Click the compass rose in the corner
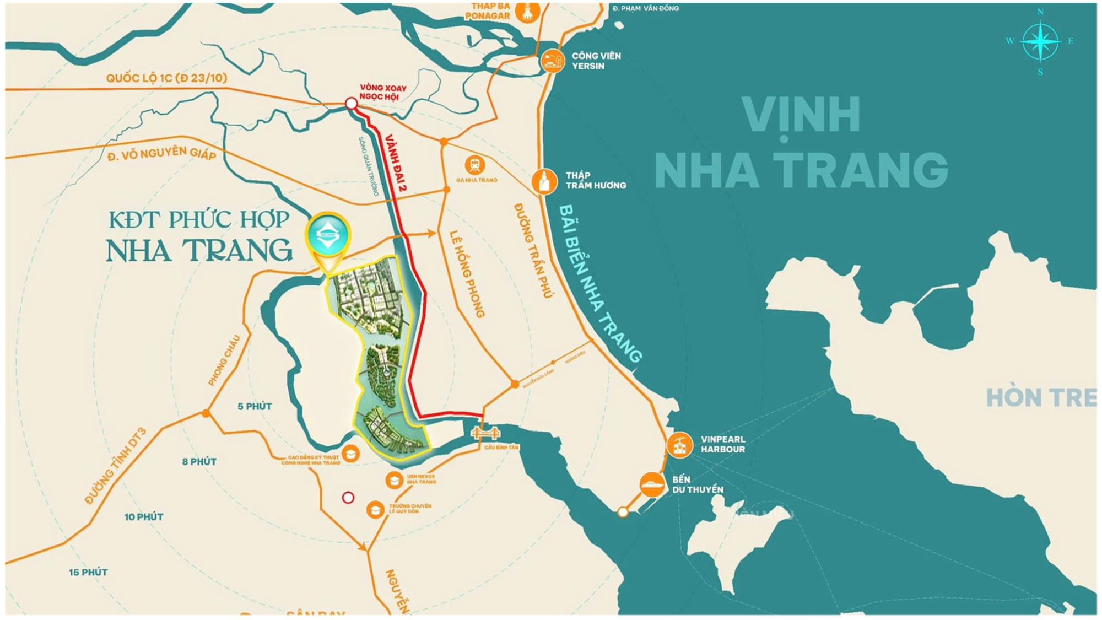(x=1040, y=41)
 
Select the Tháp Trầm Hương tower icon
(x=544, y=181)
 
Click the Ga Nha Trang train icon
(x=474, y=164)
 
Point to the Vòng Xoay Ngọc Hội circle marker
(x=351, y=103)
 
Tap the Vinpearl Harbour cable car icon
(x=679, y=444)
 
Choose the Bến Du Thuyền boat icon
(x=652, y=484)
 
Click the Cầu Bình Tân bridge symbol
(x=486, y=433)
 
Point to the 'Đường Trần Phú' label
(x=533, y=251)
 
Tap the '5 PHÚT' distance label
(x=255, y=407)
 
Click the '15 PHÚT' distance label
(x=88, y=573)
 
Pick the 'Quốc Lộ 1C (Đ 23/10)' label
(x=166, y=78)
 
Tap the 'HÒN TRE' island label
(x=1040, y=398)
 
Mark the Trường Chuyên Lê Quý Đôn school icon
(x=375, y=509)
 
